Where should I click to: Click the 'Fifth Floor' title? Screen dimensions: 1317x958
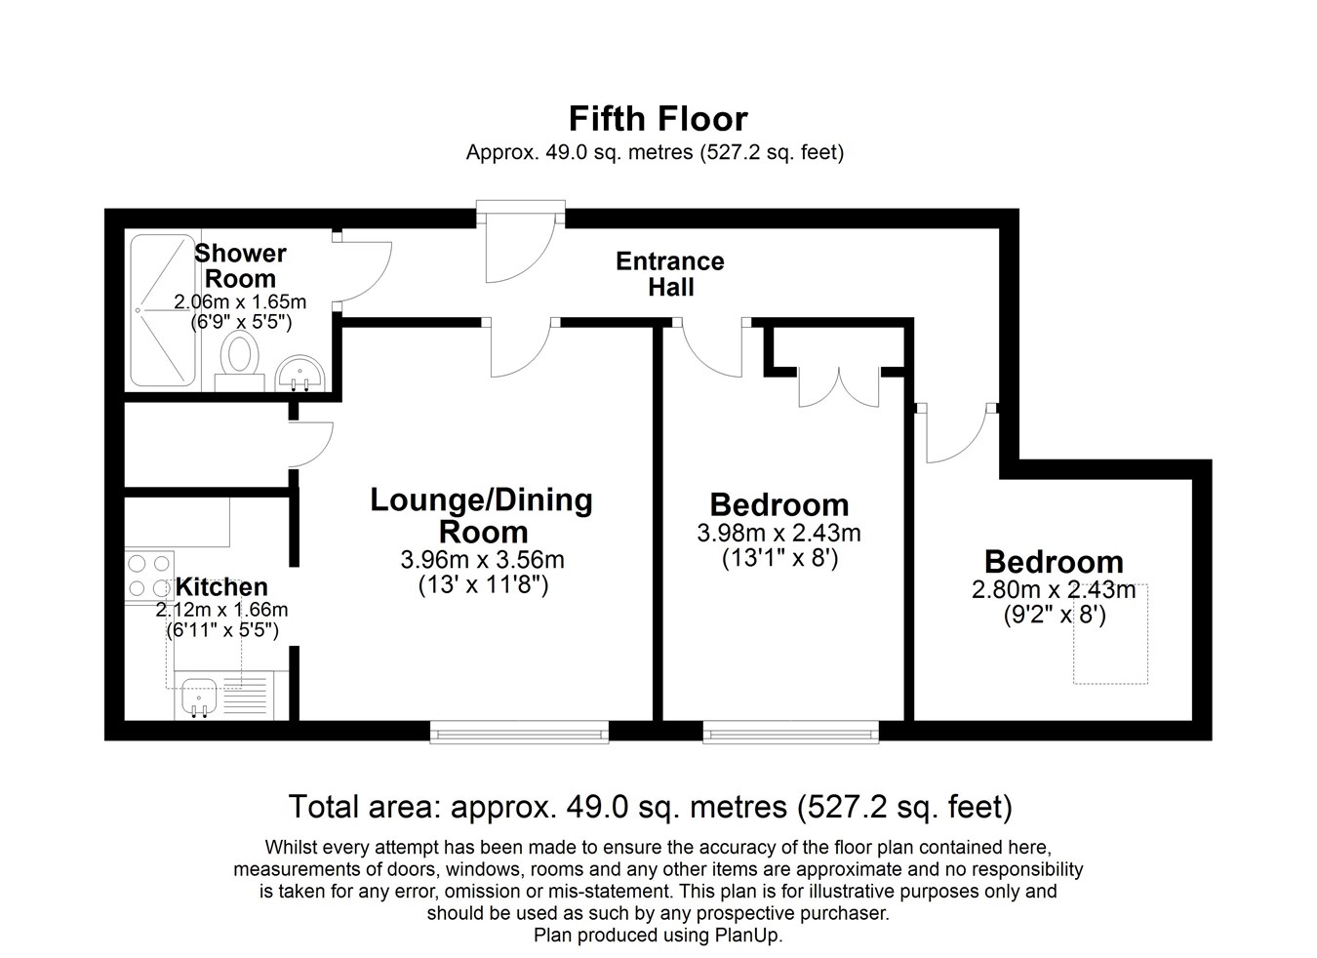(658, 119)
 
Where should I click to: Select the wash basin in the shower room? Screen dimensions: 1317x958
(300, 373)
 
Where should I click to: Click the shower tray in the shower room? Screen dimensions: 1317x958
(163, 310)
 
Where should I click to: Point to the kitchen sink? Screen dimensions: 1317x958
(199, 698)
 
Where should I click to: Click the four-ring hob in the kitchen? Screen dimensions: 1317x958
(149, 576)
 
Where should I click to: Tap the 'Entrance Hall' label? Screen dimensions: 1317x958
(670, 274)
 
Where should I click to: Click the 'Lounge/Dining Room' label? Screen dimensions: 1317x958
(482, 516)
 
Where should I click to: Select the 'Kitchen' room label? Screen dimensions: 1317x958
(221, 587)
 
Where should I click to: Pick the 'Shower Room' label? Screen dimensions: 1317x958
(240, 265)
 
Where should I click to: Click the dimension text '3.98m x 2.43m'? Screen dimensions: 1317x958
(779, 534)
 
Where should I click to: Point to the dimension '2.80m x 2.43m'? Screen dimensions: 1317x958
(1054, 590)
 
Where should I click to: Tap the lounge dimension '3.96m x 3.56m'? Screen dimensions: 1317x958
(482, 559)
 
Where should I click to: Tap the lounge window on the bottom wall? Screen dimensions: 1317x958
(519, 733)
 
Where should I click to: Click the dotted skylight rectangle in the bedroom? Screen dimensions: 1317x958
(1110, 633)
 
